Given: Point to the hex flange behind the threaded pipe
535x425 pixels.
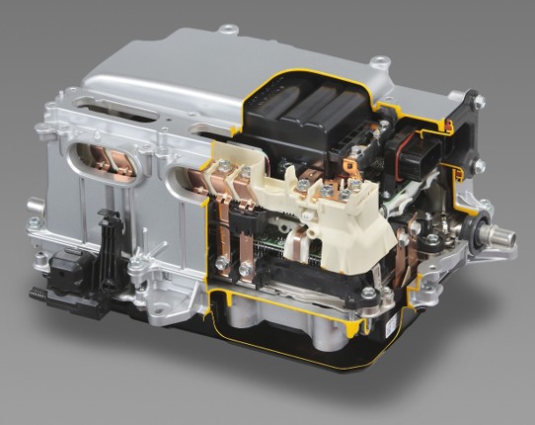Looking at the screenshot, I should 483,229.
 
